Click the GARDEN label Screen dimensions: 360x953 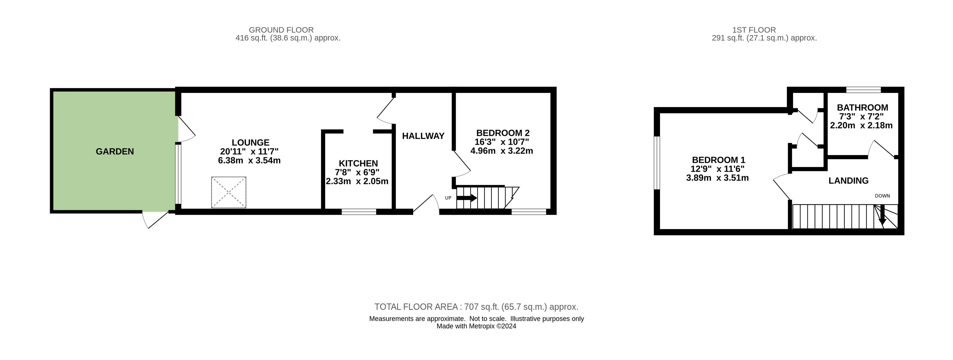click(x=115, y=151)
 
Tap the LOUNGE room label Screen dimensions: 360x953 click(x=251, y=142)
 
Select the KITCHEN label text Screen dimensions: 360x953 click(x=358, y=163)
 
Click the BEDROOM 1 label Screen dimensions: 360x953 click(x=718, y=160)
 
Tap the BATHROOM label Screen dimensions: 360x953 click(x=862, y=108)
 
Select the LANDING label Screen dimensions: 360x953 click(x=848, y=181)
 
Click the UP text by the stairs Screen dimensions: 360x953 click(x=448, y=198)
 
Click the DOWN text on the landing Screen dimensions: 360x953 click(x=882, y=196)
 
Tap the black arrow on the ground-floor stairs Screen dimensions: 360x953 click(x=467, y=198)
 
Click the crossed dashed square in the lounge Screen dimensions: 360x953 click(x=229, y=193)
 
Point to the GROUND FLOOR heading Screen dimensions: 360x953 click(x=281, y=30)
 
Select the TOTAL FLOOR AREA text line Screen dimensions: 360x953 click(x=476, y=307)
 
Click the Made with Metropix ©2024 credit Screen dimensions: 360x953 click(x=476, y=326)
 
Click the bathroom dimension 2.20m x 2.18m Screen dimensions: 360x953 click(x=861, y=125)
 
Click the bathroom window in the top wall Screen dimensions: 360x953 click(x=864, y=89)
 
